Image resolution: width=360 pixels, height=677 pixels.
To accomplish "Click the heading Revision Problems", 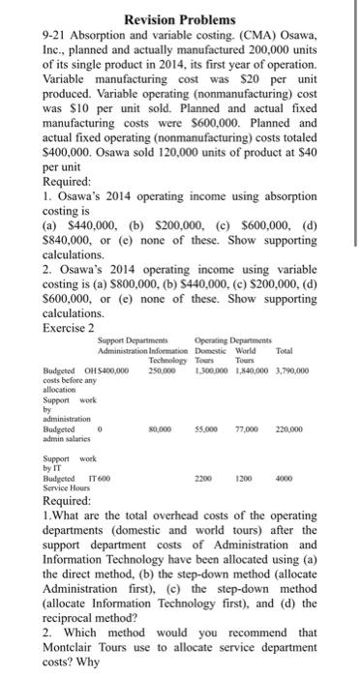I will [179, 19].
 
